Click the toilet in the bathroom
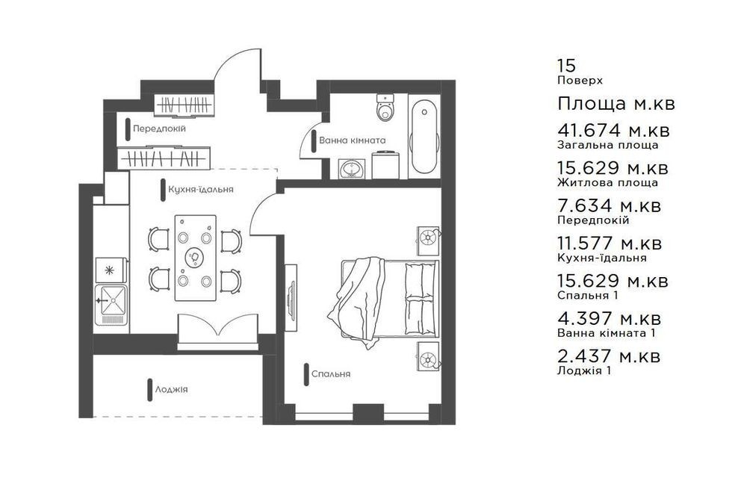point(385,108)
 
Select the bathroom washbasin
point(352,169)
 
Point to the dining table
point(195,258)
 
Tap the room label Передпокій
point(159,128)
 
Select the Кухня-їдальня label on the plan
point(200,190)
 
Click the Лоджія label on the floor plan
point(172,390)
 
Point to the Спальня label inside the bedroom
point(331,374)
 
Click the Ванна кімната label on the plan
point(352,140)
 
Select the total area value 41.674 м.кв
point(613,130)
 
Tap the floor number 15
point(566,66)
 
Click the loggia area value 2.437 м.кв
point(609,356)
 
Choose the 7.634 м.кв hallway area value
point(610,205)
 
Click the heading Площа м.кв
point(616,103)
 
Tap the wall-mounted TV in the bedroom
point(291,295)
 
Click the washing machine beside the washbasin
point(385,165)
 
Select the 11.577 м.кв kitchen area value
point(610,243)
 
